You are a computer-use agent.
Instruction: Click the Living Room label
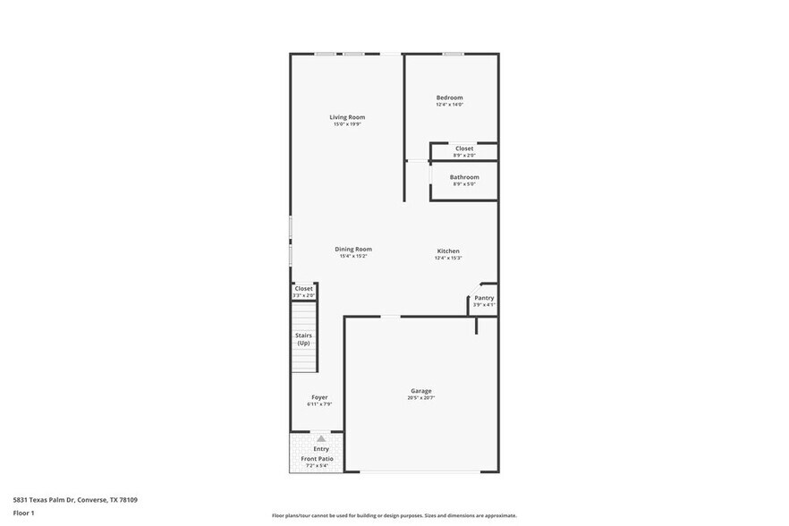[x=347, y=117]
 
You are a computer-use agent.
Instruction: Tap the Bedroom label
[x=449, y=98]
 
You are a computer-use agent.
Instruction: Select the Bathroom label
[x=464, y=177]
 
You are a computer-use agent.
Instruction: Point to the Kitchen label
[x=448, y=250]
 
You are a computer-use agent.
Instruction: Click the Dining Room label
[x=353, y=249]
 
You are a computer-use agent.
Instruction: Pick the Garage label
[x=421, y=391]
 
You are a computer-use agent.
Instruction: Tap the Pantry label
[x=484, y=298]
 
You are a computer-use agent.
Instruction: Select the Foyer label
[x=319, y=397]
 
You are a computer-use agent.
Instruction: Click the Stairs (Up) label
[x=303, y=339]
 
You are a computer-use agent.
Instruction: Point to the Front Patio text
[x=317, y=458]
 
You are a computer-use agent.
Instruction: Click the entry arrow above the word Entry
[x=320, y=437]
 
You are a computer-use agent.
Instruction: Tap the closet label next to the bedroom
[x=464, y=148]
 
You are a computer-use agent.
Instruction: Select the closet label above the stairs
[x=304, y=288]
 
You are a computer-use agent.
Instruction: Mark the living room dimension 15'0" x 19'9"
[x=347, y=124]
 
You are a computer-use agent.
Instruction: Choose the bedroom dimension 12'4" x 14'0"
[x=449, y=105]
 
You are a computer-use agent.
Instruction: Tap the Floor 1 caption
[x=24, y=513]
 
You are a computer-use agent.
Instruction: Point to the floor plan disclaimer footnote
[x=394, y=515]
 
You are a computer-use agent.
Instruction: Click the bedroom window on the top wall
[x=454, y=54]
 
